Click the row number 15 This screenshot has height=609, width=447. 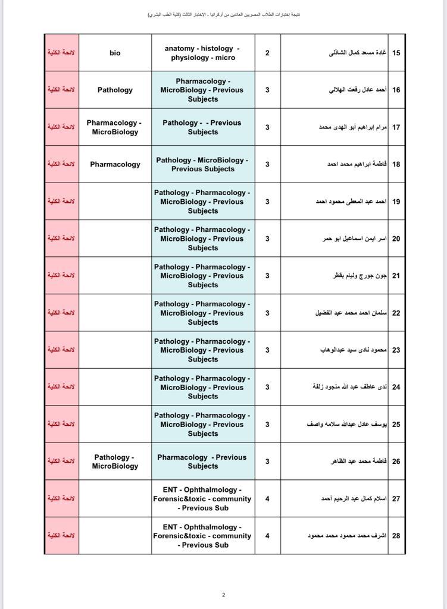(396, 53)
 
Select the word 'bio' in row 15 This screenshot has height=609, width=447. (115, 53)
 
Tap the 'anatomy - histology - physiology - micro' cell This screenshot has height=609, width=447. (203, 53)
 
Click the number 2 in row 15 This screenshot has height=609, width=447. (267, 53)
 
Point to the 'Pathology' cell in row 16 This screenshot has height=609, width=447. (115, 90)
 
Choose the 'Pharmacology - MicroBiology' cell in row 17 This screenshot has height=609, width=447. (114, 127)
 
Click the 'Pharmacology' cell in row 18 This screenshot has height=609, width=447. (115, 164)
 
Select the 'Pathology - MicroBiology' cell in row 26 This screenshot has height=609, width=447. (115, 462)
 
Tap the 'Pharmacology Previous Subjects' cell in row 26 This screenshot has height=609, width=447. (202, 462)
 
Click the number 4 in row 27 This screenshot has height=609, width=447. (267, 498)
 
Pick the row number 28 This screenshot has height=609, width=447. (396, 536)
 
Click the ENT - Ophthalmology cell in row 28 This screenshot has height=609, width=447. (202, 536)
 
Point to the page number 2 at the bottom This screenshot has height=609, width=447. (224, 595)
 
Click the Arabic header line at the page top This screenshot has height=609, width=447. (224, 14)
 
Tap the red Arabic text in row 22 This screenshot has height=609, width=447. (61, 313)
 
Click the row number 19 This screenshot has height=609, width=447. (396, 202)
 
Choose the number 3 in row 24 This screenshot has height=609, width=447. (267, 387)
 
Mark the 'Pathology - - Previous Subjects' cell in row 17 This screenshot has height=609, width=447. (202, 127)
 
